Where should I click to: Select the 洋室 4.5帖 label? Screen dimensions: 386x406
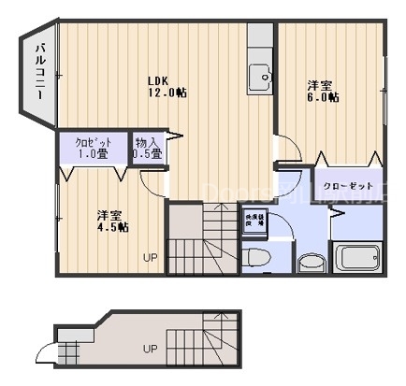coord(112,221)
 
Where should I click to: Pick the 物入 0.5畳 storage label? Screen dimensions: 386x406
coord(148,148)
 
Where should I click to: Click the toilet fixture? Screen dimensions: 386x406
coord(257,257)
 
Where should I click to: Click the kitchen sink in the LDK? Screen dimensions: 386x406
coord(258,75)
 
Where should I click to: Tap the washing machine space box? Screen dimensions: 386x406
coord(254,224)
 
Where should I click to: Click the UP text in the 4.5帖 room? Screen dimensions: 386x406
coord(150,257)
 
